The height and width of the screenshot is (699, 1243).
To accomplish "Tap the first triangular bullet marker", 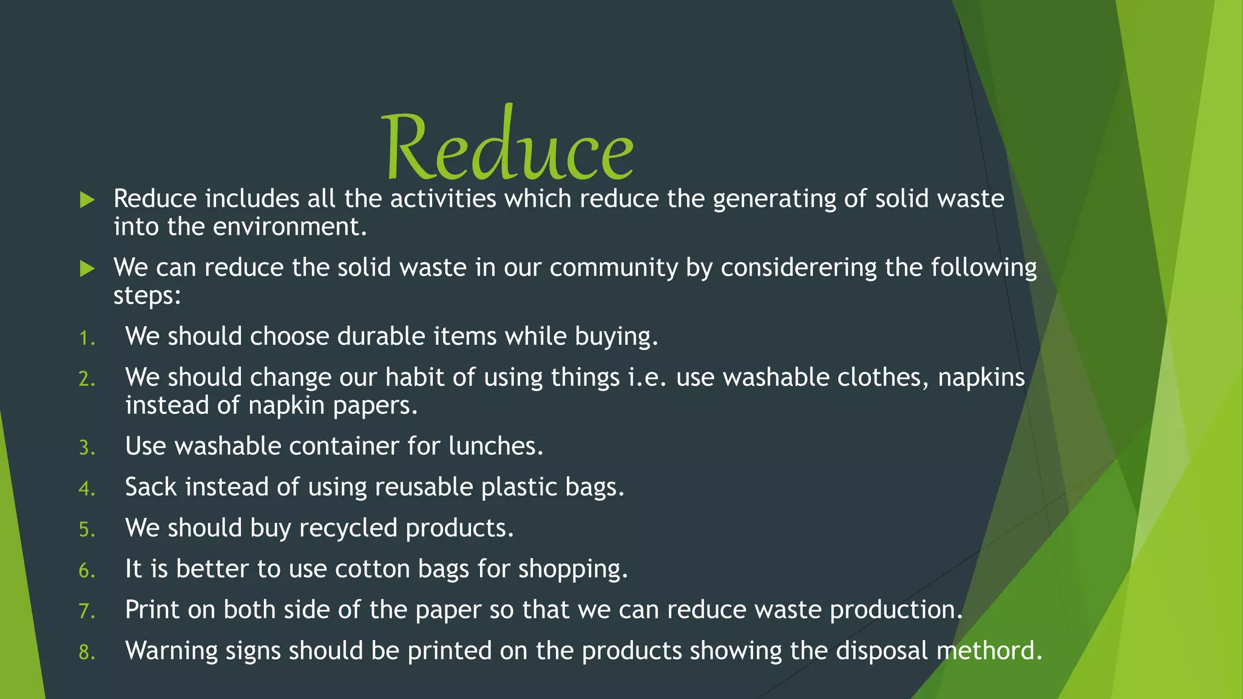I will click(87, 200).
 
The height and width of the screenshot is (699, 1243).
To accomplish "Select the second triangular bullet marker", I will click(87, 268).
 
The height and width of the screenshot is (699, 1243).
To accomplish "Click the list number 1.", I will click(87, 338).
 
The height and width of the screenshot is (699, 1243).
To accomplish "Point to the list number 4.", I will click(87, 488).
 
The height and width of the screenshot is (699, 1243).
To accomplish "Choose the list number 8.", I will click(87, 652).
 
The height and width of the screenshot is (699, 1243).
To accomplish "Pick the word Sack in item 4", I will click(151, 487).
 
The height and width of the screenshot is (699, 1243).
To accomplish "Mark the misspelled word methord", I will click(989, 650).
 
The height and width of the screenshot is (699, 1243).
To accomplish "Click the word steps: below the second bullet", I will click(147, 297).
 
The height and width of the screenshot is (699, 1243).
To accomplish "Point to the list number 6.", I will click(87, 570).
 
